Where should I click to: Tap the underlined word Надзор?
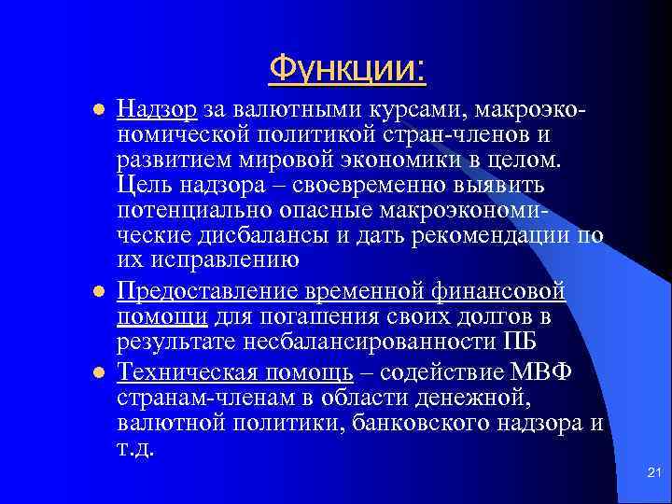156,111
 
